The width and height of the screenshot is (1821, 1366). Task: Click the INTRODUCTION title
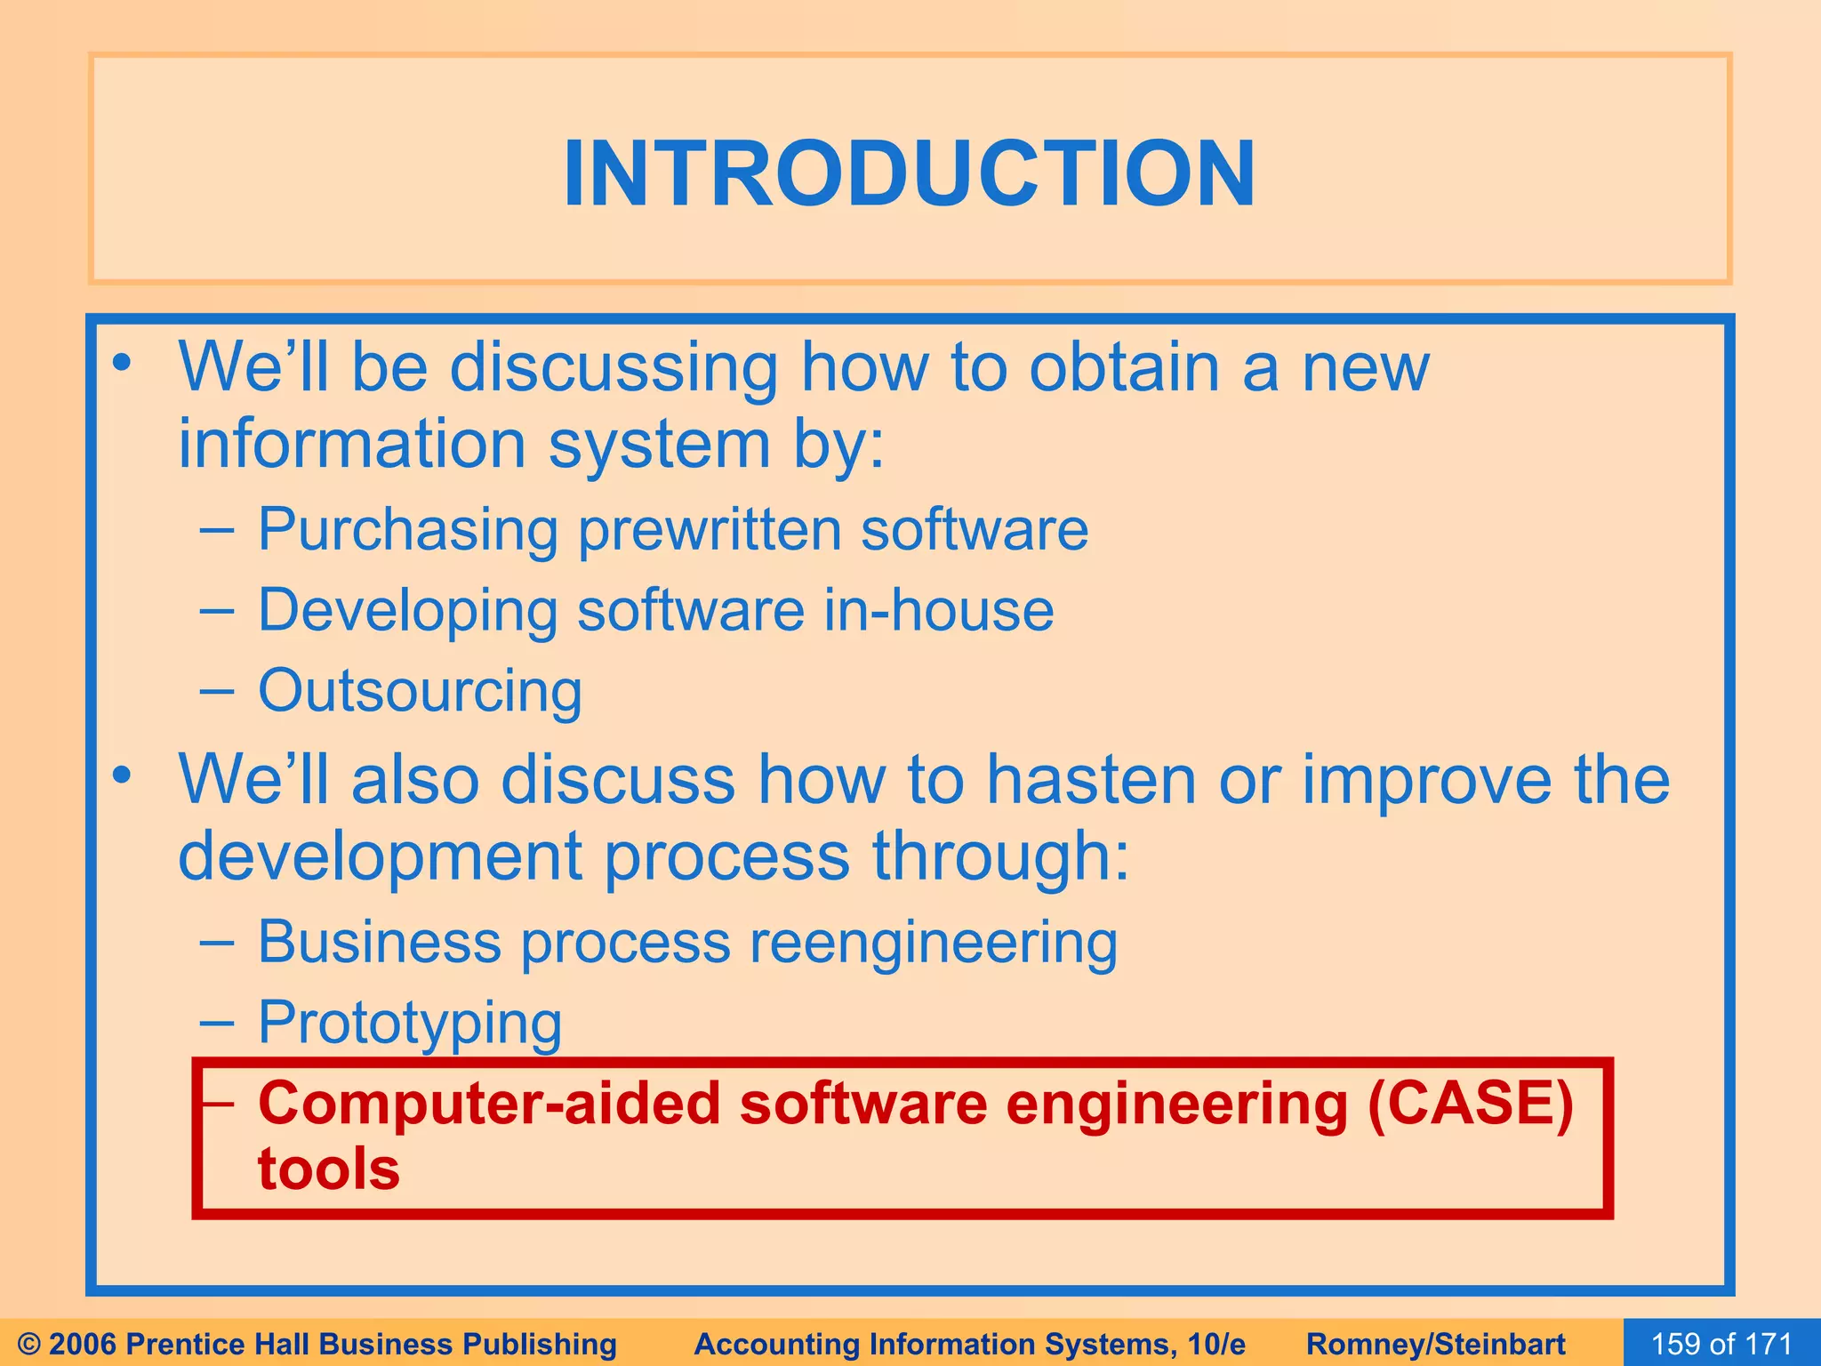(x=910, y=173)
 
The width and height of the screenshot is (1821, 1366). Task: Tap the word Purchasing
(x=407, y=530)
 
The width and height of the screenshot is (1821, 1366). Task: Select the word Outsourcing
(x=420, y=691)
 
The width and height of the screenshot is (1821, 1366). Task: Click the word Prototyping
(x=410, y=1023)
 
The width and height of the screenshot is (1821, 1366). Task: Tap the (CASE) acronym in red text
(x=1471, y=1104)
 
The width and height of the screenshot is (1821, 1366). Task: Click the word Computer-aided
(x=489, y=1104)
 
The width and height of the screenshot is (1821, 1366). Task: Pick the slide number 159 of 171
(x=1721, y=1343)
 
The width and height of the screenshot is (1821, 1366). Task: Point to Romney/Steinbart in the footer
(x=1436, y=1344)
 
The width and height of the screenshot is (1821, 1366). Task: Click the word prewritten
(x=708, y=530)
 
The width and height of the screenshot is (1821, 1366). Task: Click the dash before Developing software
(x=217, y=611)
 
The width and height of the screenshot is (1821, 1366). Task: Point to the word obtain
(x=1123, y=367)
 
